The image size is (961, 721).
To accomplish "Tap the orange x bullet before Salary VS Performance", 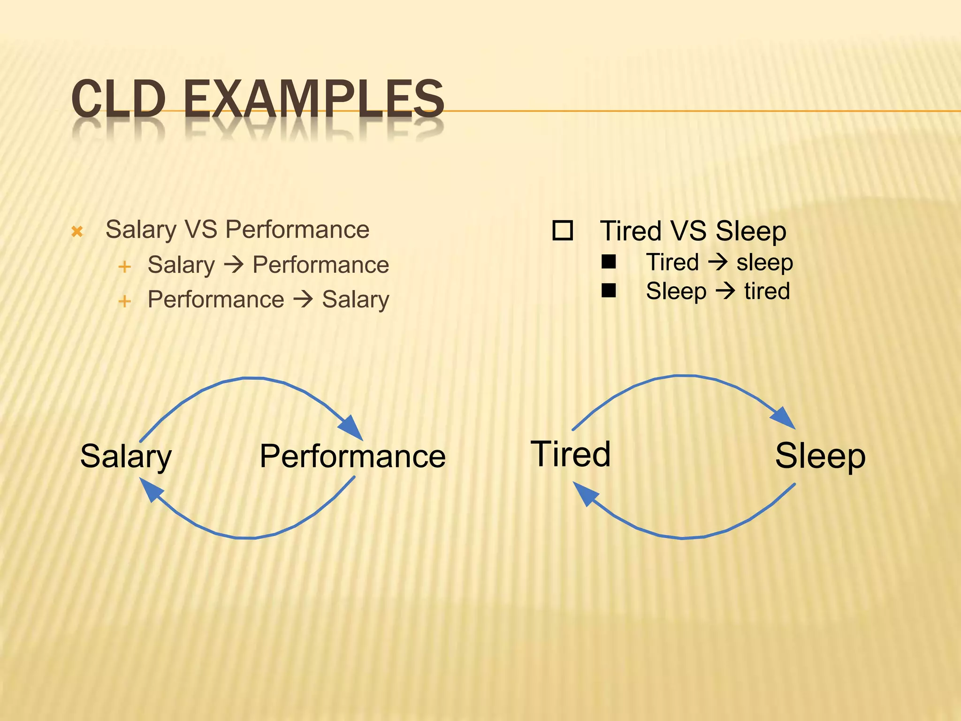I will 77,231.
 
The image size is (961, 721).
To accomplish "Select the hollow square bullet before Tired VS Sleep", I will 562,230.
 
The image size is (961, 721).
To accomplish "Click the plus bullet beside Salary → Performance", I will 124,267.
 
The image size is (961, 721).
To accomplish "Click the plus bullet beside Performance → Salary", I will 124,301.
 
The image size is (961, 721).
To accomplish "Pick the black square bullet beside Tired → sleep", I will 609,262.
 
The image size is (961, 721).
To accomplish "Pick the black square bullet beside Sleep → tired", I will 609,291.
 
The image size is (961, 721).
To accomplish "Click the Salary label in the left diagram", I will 126,456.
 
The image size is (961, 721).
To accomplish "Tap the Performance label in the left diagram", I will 352,456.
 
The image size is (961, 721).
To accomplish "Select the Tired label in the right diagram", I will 571,454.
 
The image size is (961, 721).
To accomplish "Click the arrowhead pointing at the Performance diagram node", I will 351,427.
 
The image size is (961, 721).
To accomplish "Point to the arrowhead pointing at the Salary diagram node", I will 151,490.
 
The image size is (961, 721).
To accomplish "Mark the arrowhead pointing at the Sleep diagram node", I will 784,417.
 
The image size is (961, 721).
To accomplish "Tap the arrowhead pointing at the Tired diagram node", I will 585,494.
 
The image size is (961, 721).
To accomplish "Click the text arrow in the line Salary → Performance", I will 234,265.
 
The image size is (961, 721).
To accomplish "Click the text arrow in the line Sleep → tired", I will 725,291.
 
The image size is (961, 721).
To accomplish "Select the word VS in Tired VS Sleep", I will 688,231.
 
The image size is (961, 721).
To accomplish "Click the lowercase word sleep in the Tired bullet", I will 764,262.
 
